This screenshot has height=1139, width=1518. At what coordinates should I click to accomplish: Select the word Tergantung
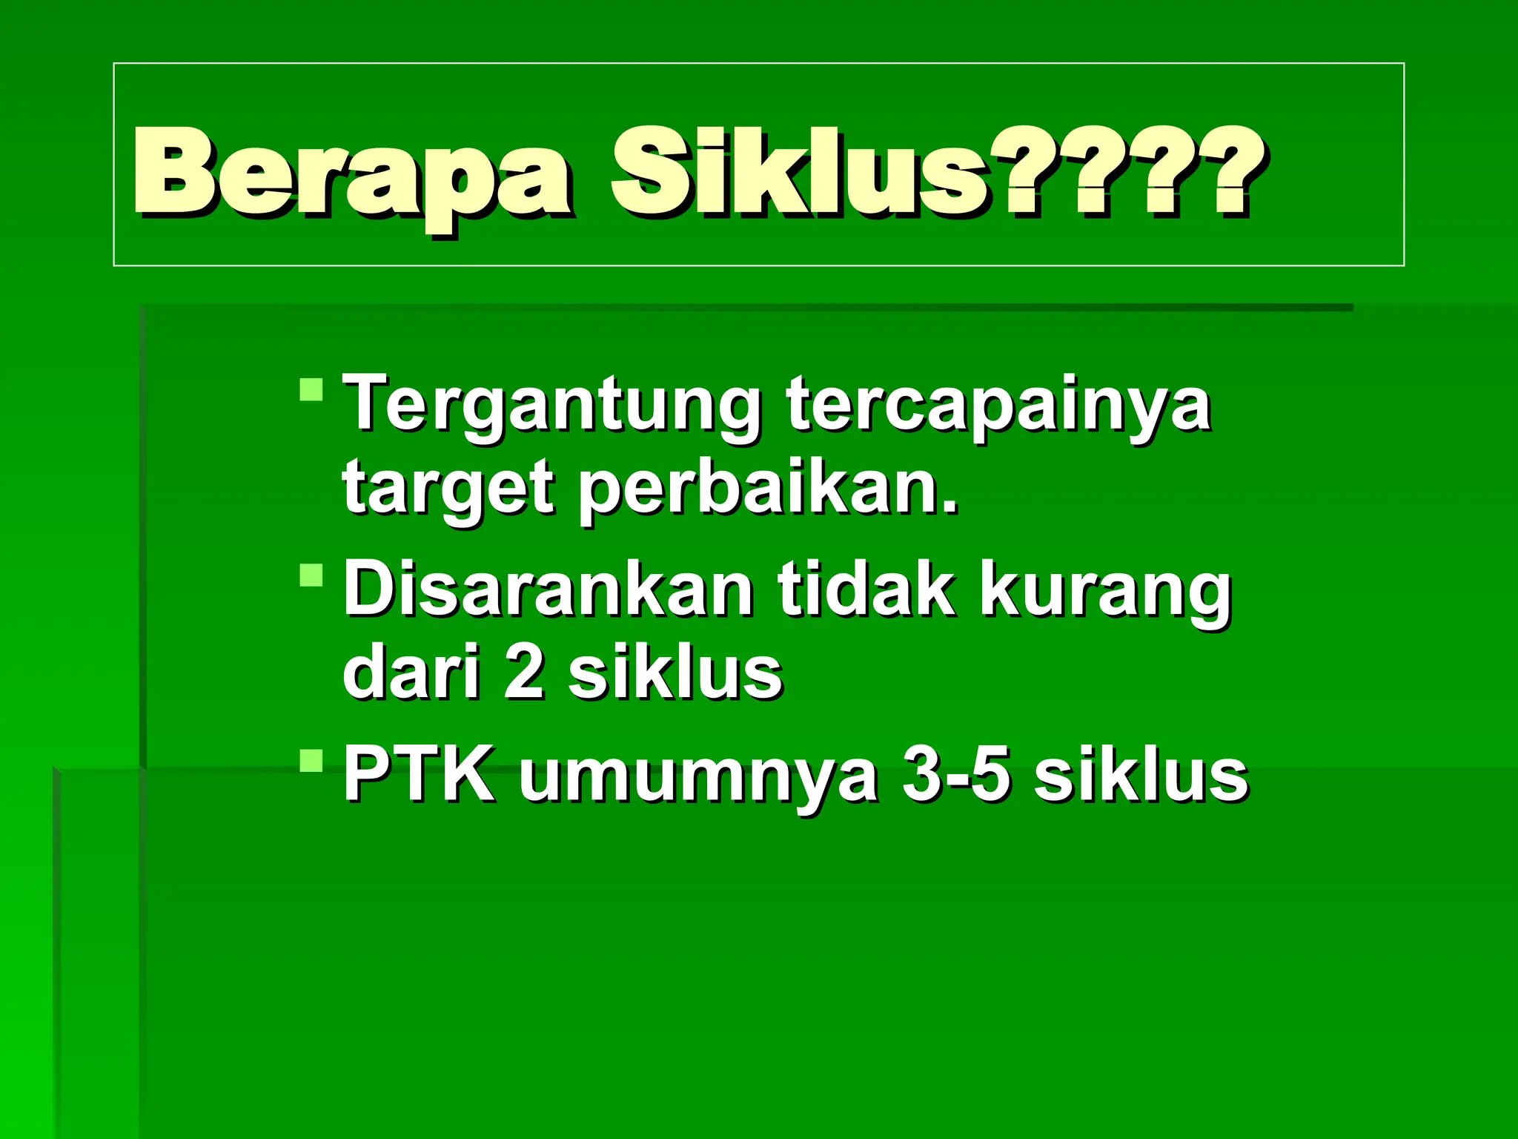click(x=552, y=406)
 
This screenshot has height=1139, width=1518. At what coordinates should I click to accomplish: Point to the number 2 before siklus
click(x=523, y=673)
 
